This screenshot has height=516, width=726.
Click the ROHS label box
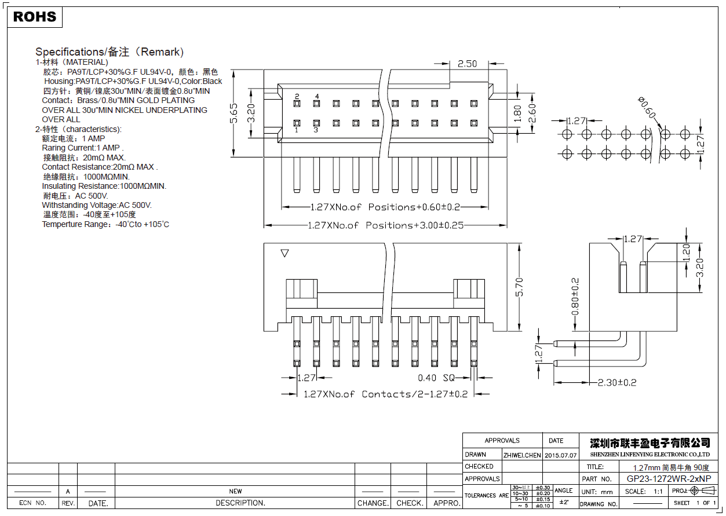click(35, 17)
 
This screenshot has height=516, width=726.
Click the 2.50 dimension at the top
click(467, 64)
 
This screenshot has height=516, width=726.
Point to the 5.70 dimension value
click(520, 287)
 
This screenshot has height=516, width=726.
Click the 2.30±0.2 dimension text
click(617, 382)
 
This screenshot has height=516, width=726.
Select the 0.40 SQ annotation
click(436, 378)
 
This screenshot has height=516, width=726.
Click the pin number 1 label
click(297, 130)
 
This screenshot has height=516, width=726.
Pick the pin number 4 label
click(316, 96)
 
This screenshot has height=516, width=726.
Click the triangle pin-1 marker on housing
click(284, 253)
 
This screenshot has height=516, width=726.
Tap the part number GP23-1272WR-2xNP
click(668, 479)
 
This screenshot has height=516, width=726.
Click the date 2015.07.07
click(560, 455)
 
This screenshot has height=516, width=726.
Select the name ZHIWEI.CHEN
click(521, 455)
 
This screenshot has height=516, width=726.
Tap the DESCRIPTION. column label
click(240, 503)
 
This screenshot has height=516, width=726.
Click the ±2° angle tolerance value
click(563, 503)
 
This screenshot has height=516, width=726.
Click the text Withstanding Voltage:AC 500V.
click(97, 205)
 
